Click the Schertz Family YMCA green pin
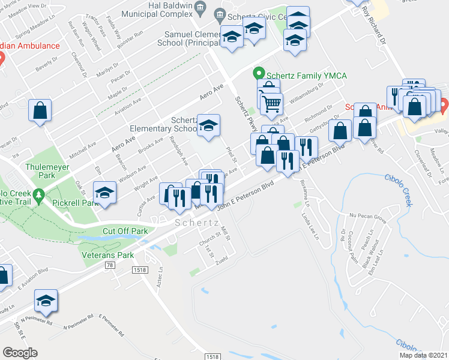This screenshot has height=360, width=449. (x=259, y=74)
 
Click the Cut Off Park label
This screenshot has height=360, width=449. (x=125, y=231)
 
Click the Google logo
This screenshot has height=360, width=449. (x=20, y=352)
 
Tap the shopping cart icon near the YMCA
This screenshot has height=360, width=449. (x=271, y=103)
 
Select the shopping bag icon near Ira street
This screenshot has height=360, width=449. (x=40, y=110)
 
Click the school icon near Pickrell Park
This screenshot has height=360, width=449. (x=105, y=193)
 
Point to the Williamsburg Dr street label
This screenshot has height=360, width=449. (x=304, y=93)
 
